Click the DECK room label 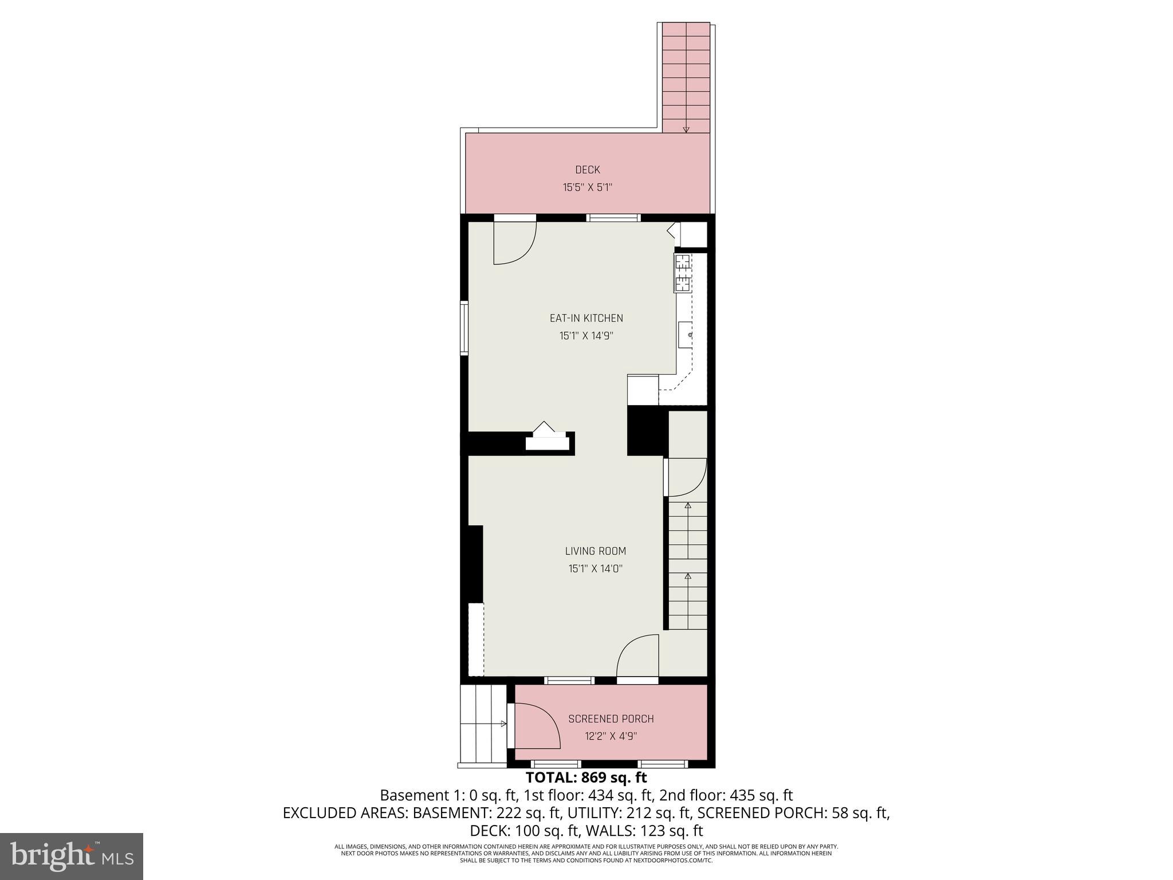pos(588,170)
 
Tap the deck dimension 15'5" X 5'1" pos(588,187)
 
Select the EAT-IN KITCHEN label pos(586,318)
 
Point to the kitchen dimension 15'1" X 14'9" pos(586,336)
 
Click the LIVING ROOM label pos(596,551)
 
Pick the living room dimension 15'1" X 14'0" pos(596,569)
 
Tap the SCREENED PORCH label pos(611,719)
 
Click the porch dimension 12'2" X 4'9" pos(611,736)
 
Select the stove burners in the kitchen pos(683,273)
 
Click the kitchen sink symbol pos(686,335)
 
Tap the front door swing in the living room pos(638,655)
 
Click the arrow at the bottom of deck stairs pos(686,129)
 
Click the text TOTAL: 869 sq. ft pos(586,777)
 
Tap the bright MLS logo pos(72,857)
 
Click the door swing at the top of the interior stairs pos(686,477)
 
